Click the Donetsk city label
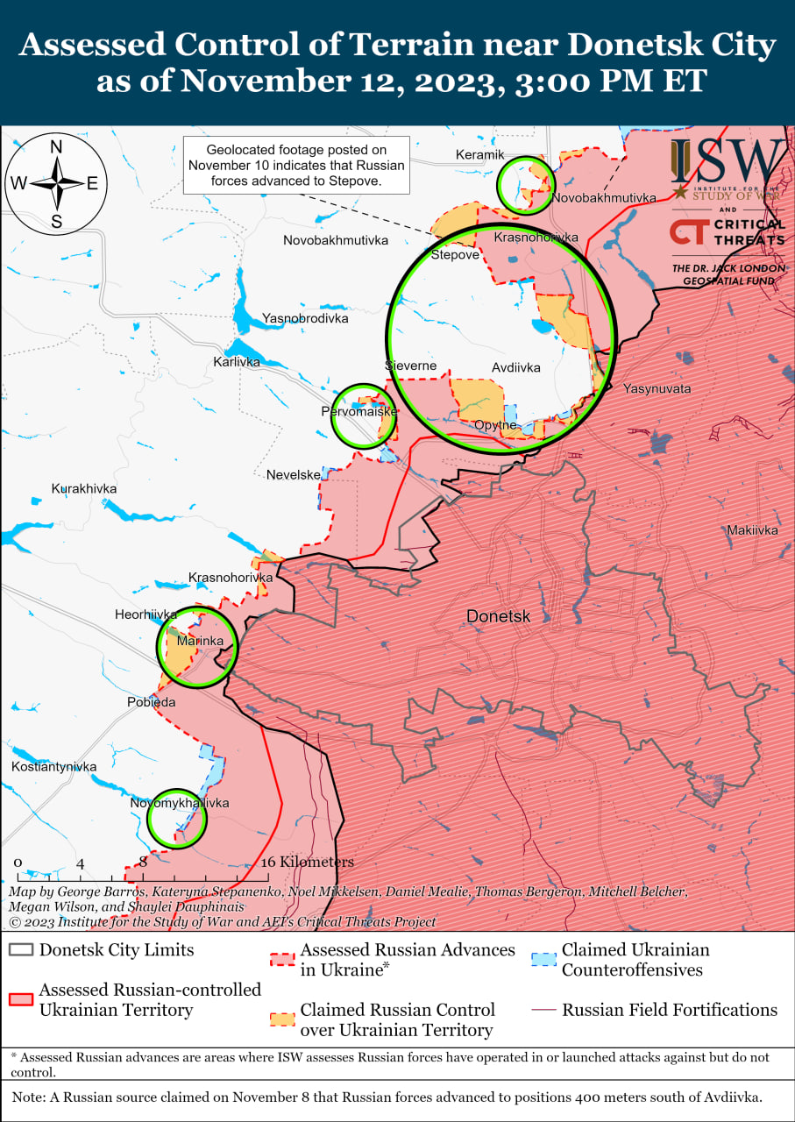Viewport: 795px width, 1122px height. pos(498,616)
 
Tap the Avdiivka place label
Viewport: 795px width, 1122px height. pos(515,367)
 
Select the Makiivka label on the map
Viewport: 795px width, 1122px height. pos(752,530)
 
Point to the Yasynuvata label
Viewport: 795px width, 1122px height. pos(657,388)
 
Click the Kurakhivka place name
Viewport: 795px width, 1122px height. pos(84,488)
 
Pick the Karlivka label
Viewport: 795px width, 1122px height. pos(237,361)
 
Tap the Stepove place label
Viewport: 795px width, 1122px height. pos(455,255)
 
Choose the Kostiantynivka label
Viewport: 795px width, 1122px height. pos(53,767)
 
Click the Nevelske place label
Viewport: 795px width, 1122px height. pos(293,474)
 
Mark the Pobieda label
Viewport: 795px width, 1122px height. pos(151,702)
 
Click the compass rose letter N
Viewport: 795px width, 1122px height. pos(56,147)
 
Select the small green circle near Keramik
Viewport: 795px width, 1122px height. pos(526,185)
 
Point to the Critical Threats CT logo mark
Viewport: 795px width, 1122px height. pos(688,232)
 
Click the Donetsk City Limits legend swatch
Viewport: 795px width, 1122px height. pos(21,950)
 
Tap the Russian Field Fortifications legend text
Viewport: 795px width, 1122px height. pos(670,1010)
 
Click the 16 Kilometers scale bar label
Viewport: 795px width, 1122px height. pos(308,862)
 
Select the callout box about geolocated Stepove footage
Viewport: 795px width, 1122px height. pos(296,166)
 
